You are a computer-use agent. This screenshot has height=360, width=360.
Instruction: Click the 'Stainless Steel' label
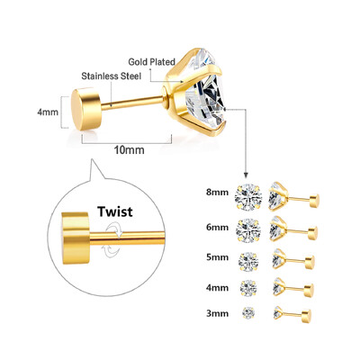pyautogui.click(x=111, y=76)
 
